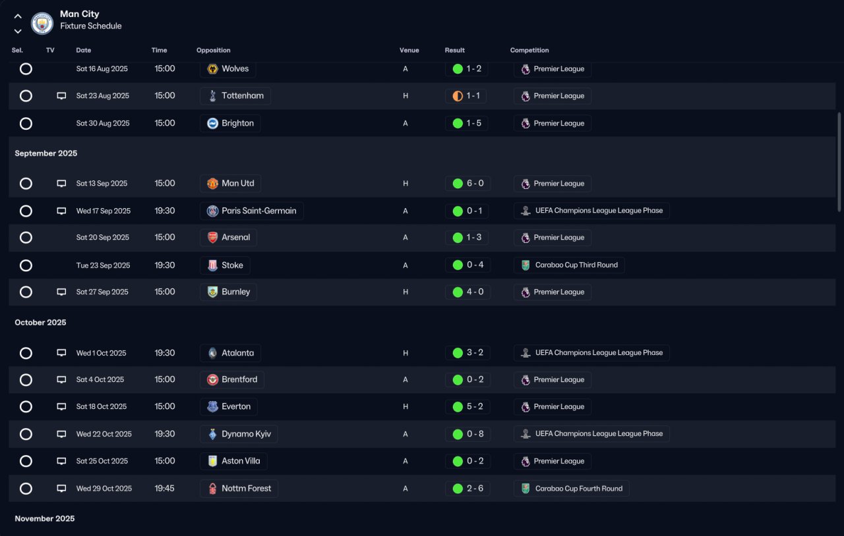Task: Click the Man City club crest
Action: [x=42, y=23]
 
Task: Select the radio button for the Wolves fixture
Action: [x=26, y=69]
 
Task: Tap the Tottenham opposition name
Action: [x=242, y=95]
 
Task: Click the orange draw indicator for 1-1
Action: [x=458, y=96]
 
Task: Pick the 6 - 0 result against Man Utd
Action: [x=475, y=183]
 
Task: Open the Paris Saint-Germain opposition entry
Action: [x=251, y=211]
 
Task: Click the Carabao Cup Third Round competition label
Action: [x=576, y=265]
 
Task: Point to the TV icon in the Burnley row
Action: [x=61, y=292]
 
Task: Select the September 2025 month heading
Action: [x=46, y=153]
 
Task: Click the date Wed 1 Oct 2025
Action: [x=101, y=353]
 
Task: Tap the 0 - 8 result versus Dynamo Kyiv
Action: [x=475, y=434]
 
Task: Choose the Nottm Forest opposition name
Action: [x=246, y=488]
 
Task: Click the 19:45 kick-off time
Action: [x=164, y=488]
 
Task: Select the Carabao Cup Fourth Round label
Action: [x=578, y=489]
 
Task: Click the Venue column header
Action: [x=409, y=50]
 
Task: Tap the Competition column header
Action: [x=529, y=50]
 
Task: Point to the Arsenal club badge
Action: [x=212, y=238]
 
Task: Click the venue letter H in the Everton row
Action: [x=406, y=406]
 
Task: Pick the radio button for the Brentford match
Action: [x=26, y=380]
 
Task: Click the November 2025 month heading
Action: [x=44, y=519]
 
